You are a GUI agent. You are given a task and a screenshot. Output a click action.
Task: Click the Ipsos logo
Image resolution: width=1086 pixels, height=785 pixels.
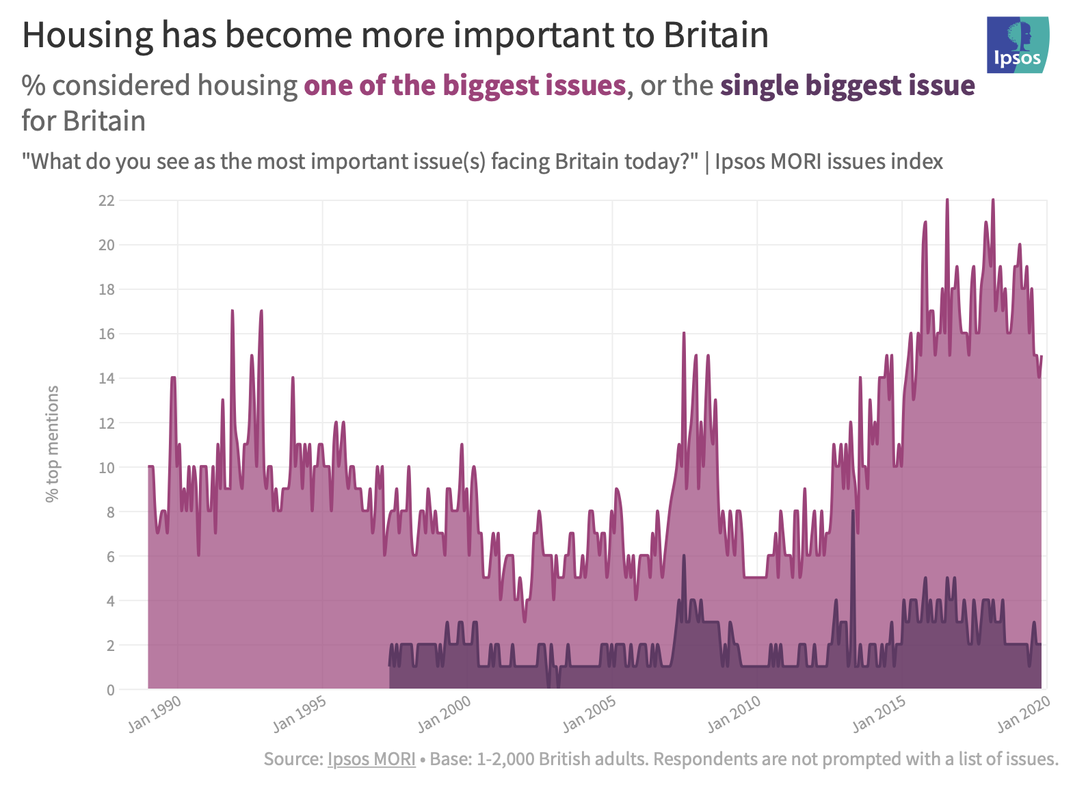click(1018, 45)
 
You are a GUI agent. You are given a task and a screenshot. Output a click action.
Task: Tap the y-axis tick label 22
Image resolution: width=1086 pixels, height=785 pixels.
click(107, 200)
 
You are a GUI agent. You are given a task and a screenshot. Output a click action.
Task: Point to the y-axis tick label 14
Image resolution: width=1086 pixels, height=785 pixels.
click(107, 378)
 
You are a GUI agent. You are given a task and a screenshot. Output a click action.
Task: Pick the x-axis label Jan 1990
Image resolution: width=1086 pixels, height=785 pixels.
click(155, 714)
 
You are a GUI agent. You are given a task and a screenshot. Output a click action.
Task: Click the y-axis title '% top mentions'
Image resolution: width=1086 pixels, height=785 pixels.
click(53, 444)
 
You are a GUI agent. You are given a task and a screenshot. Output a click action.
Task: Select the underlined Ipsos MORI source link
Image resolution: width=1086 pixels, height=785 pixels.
click(371, 759)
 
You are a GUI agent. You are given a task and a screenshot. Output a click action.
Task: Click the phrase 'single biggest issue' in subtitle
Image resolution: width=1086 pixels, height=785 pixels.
click(847, 85)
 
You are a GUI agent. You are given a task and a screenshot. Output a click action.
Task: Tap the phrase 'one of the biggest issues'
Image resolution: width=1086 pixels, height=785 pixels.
click(465, 85)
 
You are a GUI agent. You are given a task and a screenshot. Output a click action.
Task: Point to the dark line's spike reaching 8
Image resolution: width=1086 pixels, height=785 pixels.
click(853, 511)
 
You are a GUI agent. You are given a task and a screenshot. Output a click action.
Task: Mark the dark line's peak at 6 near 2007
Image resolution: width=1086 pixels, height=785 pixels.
click(684, 556)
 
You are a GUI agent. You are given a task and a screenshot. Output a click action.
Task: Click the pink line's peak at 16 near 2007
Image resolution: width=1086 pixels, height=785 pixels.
click(683, 334)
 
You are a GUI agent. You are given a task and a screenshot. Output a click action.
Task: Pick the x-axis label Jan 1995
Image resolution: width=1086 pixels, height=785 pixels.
click(300, 714)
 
